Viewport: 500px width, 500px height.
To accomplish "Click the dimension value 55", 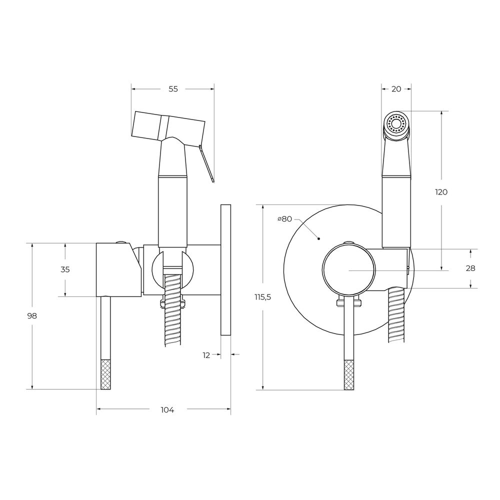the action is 173,89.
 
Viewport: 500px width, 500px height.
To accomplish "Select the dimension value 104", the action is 167,410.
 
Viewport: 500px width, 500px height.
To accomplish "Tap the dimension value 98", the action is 32,315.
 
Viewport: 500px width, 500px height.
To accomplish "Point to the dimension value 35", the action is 65,269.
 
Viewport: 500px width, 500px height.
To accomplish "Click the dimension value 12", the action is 206,355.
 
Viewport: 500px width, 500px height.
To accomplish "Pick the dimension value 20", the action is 396,89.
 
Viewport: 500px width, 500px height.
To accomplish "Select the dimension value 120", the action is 441,192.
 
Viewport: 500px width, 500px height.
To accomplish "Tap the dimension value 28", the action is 470,268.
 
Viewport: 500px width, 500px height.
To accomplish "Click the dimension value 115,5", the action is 263,297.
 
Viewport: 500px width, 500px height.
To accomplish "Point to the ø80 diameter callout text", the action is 285,219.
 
